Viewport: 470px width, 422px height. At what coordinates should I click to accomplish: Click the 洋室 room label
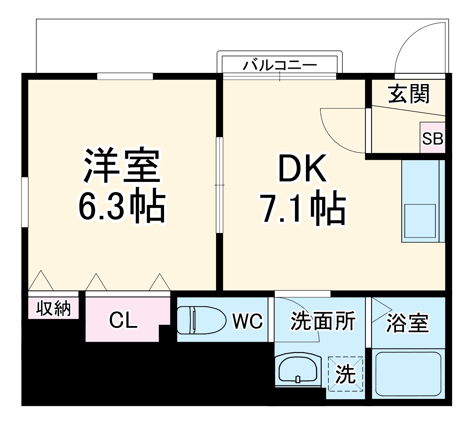(x=122, y=166)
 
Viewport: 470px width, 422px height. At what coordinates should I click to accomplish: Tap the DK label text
(x=302, y=168)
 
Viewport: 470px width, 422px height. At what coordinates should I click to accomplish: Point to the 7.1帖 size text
(x=304, y=208)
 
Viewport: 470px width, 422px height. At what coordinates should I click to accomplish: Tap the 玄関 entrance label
(x=408, y=94)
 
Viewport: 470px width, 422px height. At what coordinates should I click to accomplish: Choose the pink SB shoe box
(x=432, y=138)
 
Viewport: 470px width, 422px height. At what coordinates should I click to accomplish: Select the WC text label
(x=248, y=321)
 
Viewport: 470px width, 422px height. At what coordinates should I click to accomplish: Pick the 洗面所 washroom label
(x=322, y=321)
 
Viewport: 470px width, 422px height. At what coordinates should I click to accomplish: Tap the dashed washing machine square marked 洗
(x=345, y=374)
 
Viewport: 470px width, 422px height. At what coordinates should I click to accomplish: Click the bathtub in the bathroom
(x=408, y=374)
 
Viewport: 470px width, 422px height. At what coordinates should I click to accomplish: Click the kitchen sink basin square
(x=420, y=220)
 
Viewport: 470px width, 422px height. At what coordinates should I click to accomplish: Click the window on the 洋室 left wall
(x=25, y=202)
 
